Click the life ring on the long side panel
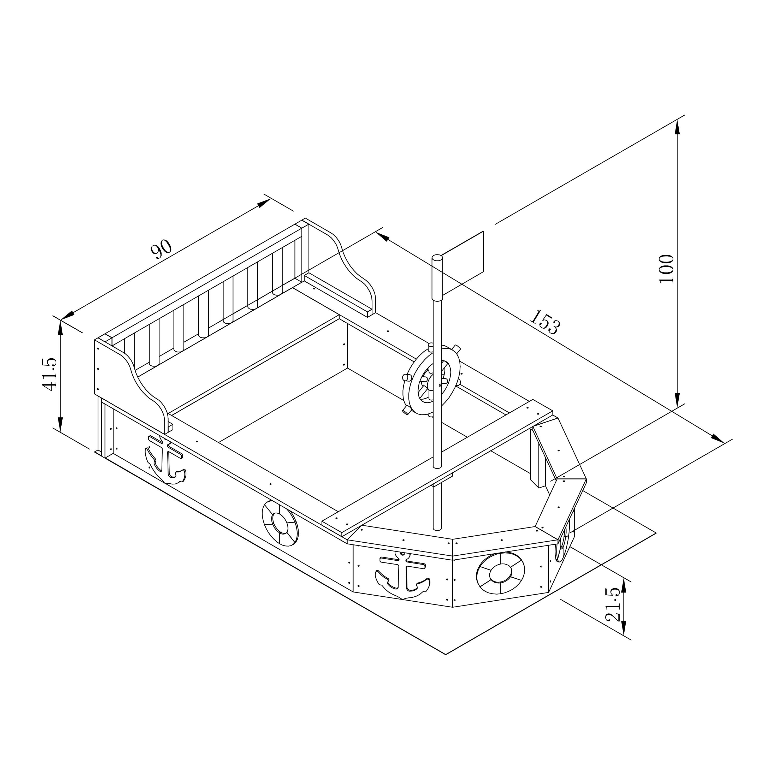(x=280, y=523)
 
